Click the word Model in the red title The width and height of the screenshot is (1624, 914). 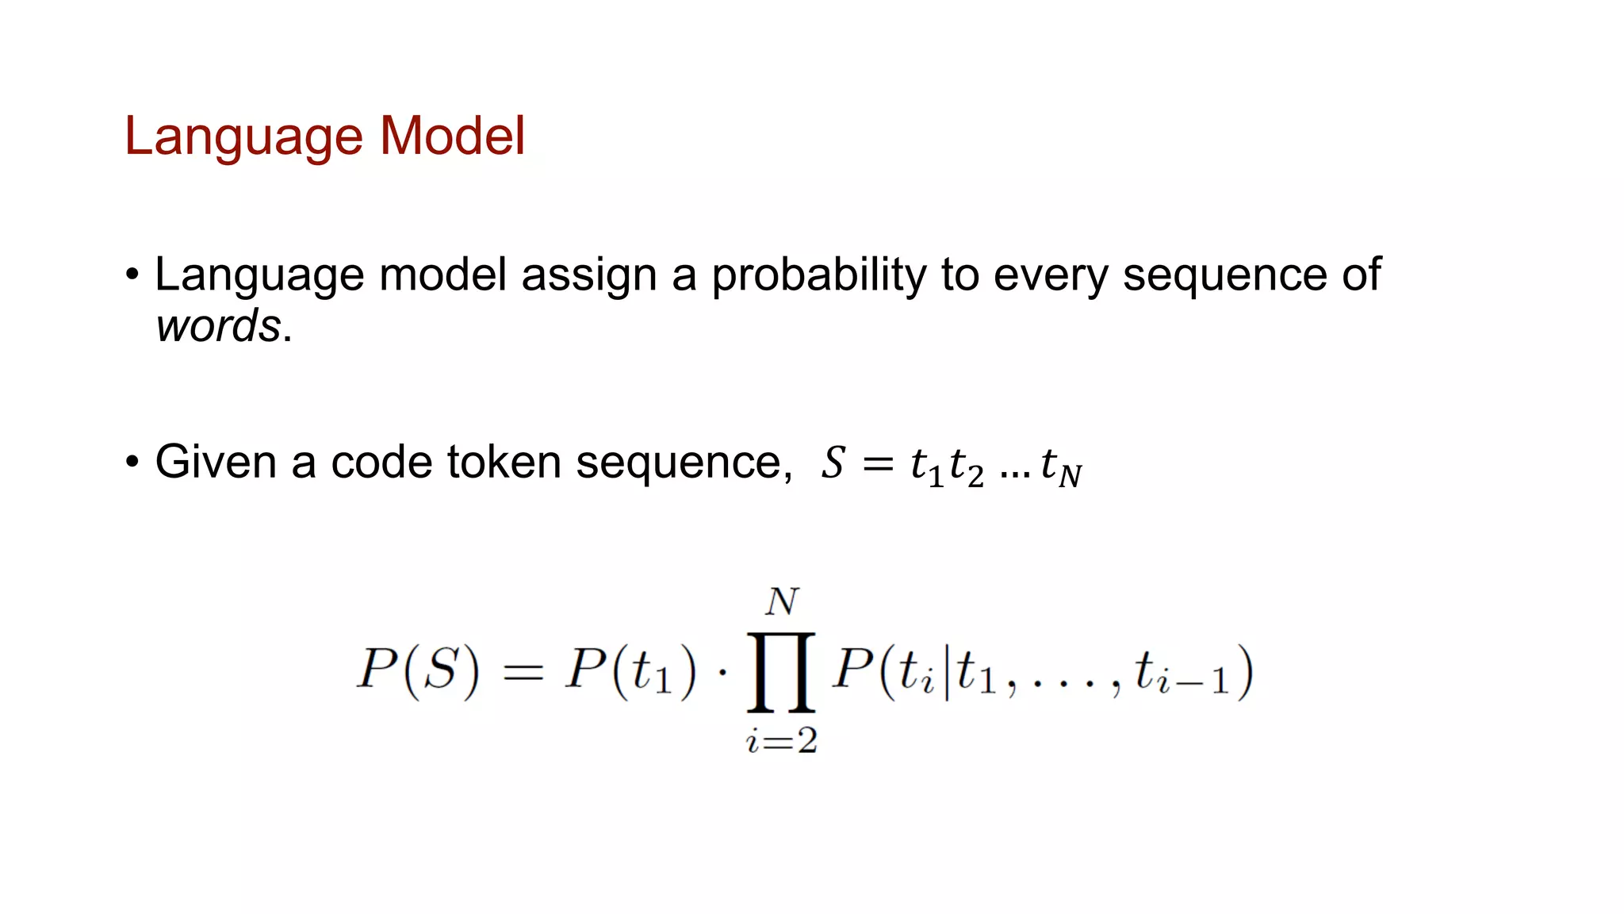point(452,136)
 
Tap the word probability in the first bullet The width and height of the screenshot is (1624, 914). point(818,276)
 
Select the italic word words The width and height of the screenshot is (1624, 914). point(218,325)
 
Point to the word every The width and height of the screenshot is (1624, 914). point(1051,276)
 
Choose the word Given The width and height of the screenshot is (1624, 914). point(216,462)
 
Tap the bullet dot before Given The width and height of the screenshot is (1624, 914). point(132,462)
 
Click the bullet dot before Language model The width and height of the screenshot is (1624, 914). point(132,275)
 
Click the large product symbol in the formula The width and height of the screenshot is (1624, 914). point(781,671)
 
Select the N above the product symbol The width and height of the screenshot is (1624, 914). point(782,602)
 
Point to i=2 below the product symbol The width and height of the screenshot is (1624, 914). point(781,741)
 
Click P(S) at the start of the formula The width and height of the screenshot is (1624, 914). point(418,671)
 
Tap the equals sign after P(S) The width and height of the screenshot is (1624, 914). point(523,673)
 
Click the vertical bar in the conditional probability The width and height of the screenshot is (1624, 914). point(947,673)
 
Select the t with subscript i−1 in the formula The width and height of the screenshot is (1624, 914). point(1181,673)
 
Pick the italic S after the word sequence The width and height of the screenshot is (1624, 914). point(833,463)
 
